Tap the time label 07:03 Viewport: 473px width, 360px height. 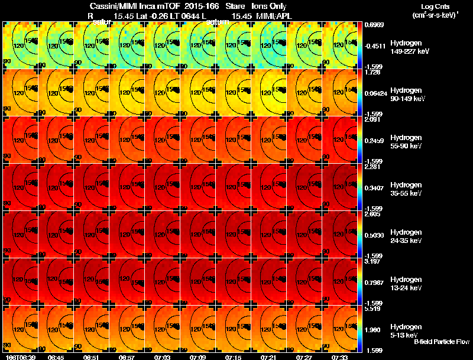coord(163,357)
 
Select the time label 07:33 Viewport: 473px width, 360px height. coord(340,357)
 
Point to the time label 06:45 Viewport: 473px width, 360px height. coord(56,357)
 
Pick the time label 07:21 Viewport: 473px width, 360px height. coord(269,357)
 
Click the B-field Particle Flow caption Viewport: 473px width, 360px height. coord(441,342)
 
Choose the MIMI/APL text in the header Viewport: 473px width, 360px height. coord(274,16)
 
